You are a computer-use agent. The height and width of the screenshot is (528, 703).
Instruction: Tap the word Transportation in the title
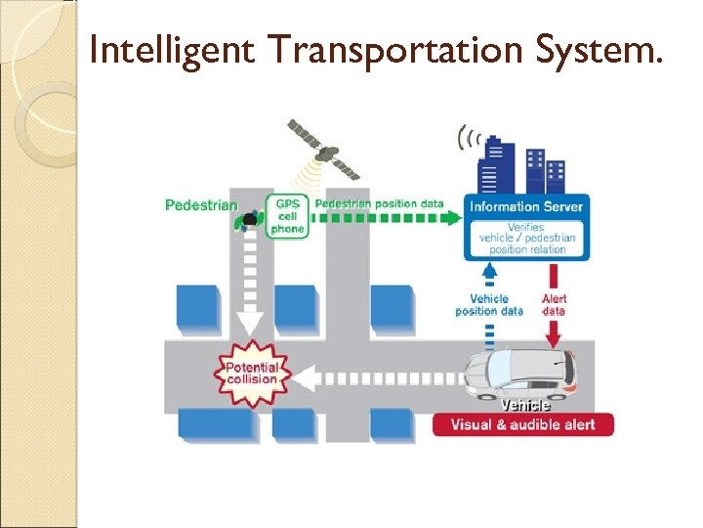(x=393, y=49)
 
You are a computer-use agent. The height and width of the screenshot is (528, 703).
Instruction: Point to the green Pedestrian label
(x=201, y=205)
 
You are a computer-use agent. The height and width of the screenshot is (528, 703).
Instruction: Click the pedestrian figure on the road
(x=249, y=220)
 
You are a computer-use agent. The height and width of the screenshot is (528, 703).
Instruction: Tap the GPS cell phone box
(x=288, y=215)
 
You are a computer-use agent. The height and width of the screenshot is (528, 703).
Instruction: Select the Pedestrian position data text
(x=379, y=203)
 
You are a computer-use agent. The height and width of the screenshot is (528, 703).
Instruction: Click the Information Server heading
(x=526, y=206)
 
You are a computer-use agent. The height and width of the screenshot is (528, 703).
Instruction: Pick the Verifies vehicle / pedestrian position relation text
(x=526, y=238)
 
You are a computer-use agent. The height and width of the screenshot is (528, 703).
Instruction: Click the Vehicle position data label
(x=489, y=305)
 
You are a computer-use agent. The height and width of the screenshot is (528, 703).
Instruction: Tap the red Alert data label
(x=554, y=305)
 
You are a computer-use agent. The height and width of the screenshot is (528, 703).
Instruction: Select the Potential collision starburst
(x=252, y=373)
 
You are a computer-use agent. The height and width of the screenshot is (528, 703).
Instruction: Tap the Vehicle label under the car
(x=525, y=403)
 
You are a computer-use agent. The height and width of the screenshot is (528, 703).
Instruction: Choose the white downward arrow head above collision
(x=251, y=324)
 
